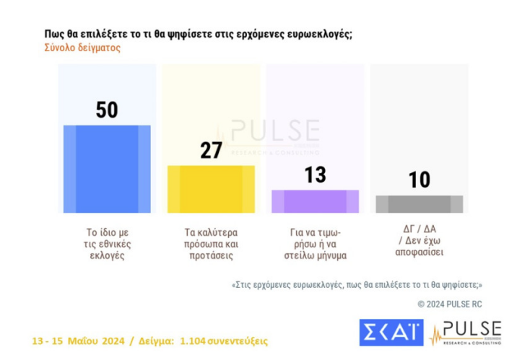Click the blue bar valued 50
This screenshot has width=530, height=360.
(107, 169)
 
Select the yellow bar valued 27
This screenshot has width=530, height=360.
(211, 189)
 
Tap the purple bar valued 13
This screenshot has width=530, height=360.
(315, 201)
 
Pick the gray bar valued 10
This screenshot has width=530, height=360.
(419, 204)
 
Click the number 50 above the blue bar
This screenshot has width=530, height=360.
(107, 110)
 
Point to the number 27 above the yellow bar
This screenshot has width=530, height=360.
(211, 150)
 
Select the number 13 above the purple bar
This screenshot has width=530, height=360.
(315, 175)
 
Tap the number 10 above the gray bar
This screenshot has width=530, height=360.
(419, 180)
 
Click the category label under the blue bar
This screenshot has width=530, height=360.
(107, 244)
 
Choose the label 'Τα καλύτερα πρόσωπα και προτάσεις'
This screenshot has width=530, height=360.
(211, 244)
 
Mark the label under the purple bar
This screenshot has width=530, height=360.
(315, 244)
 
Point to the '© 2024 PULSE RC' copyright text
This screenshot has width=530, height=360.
(449, 304)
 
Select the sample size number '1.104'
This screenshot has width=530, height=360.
(194, 341)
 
